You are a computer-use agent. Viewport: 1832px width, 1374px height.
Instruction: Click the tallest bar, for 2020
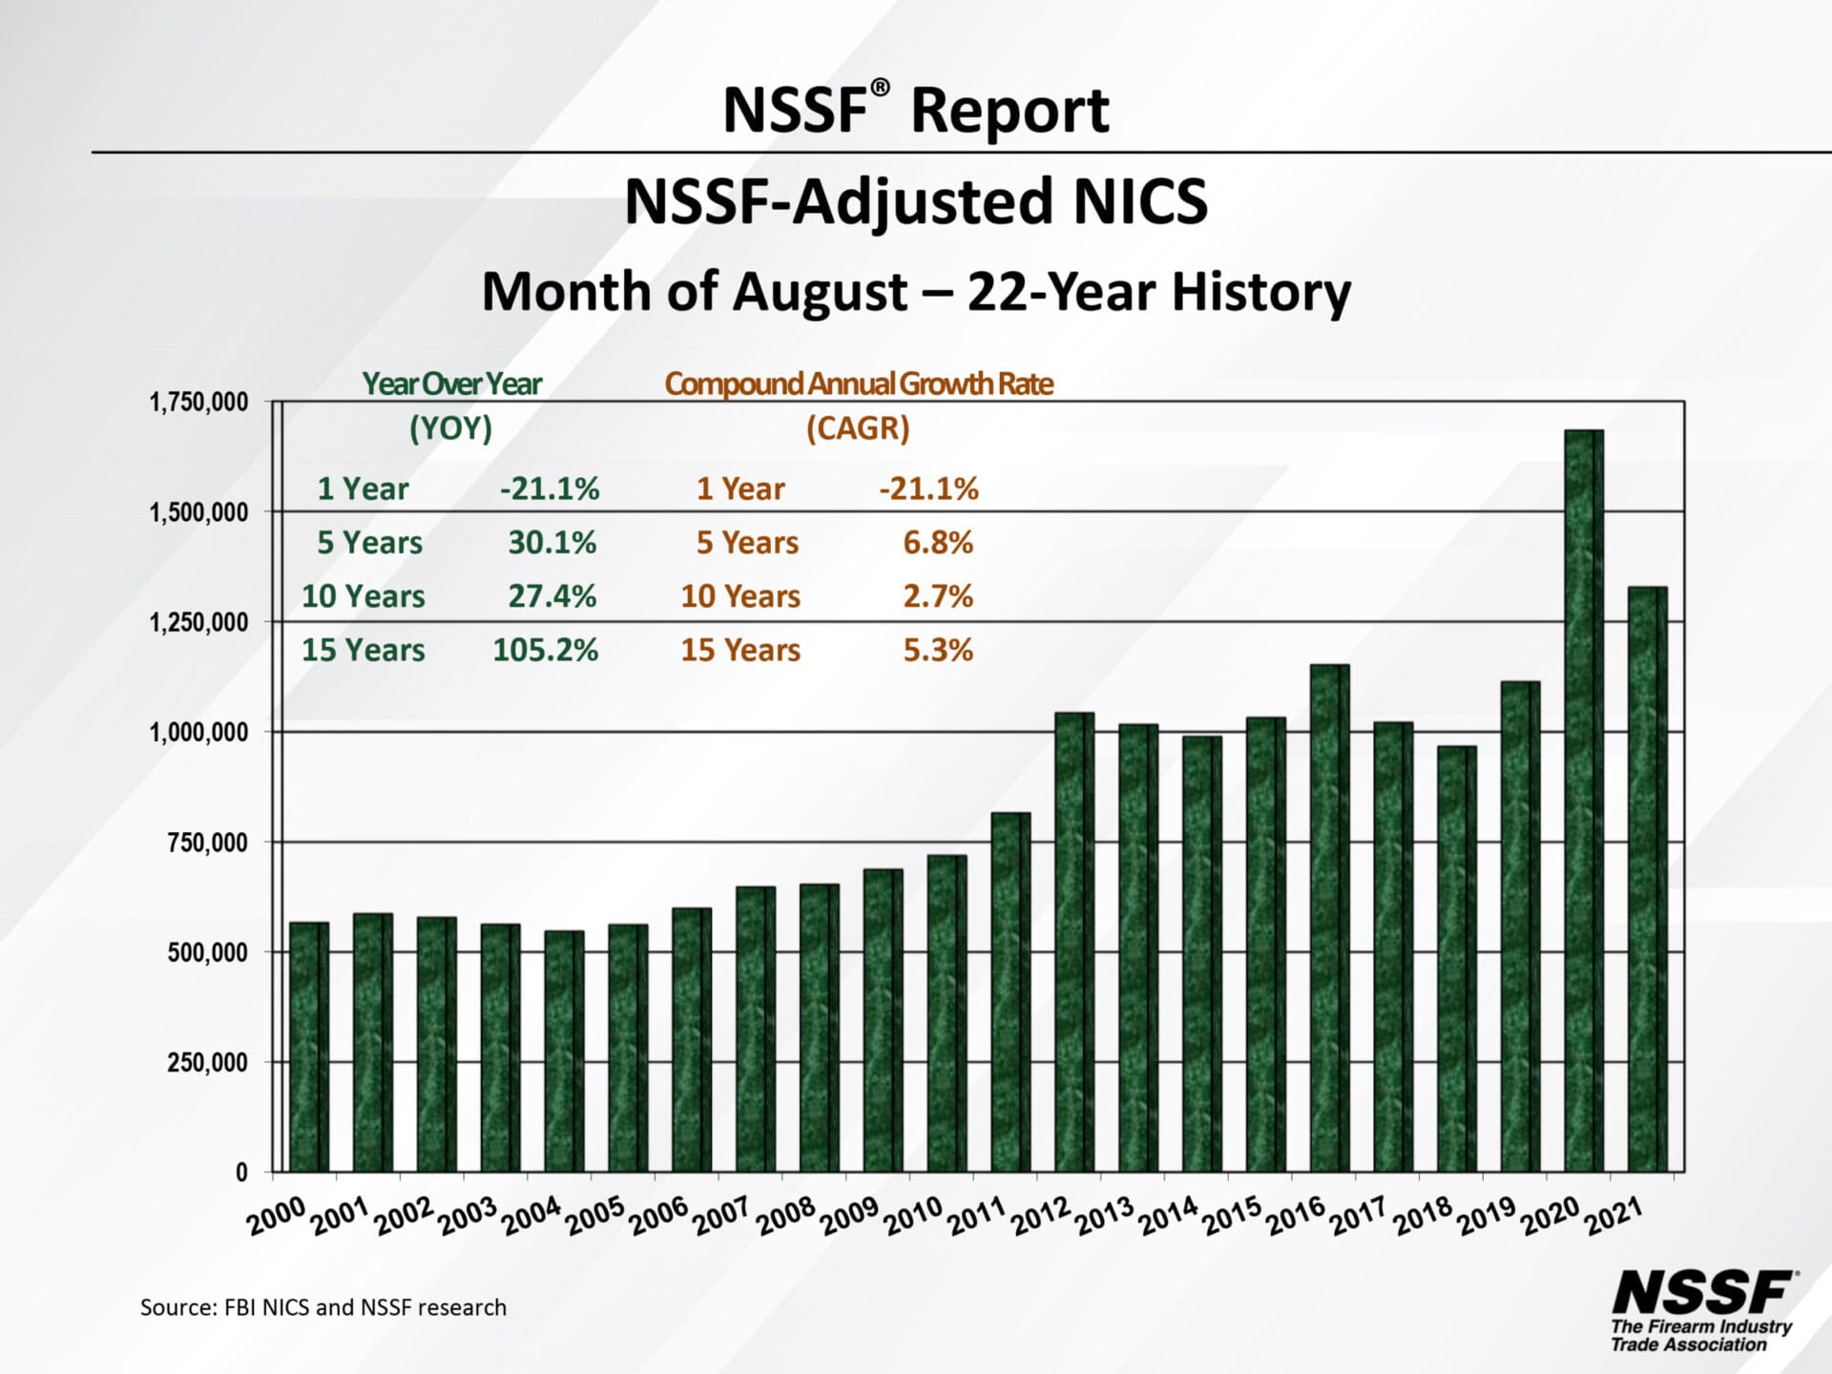(x=1583, y=801)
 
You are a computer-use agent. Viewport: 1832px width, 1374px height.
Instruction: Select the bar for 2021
(x=1647, y=878)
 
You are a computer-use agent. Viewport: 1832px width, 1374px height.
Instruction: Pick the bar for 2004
(x=563, y=1051)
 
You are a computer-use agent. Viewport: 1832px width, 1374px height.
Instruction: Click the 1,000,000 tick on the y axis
(x=198, y=733)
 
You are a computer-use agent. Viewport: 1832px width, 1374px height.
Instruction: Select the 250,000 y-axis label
(x=207, y=1062)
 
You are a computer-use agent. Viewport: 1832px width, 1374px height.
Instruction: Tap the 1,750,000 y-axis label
(x=198, y=403)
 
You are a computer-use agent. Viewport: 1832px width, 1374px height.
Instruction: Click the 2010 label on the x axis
(x=913, y=1217)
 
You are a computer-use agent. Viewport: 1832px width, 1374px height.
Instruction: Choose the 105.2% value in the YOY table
(x=545, y=650)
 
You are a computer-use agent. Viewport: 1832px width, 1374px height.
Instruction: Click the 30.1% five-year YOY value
(x=552, y=543)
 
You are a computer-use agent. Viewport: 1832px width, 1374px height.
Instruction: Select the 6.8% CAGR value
(x=938, y=543)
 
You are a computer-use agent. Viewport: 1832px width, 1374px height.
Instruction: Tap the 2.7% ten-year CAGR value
(x=938, y=596)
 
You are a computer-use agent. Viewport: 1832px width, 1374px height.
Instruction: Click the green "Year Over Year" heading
(x=451, y=384)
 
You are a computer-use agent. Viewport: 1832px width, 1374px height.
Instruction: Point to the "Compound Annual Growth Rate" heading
(x=859, y=384)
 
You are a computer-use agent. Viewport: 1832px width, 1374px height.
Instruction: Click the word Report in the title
(x=1010, y=111)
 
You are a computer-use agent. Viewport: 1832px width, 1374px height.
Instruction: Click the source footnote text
(x=323, y=1307)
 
